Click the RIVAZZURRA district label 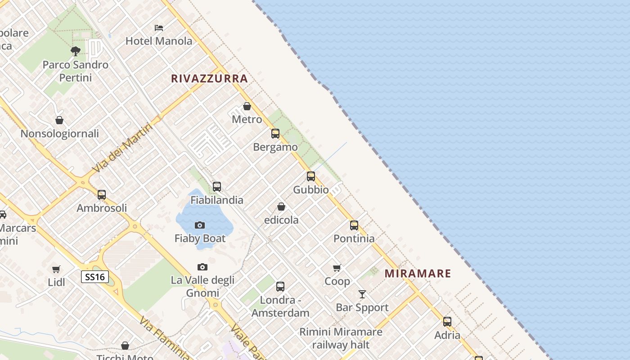(209, 79)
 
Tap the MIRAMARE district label (418, 274)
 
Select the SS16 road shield (95, 277)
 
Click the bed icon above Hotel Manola (159, 28)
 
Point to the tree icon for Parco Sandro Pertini (76, 51)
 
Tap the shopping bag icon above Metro (247, 107)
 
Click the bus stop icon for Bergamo (275, 134)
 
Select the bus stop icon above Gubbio (311, 176)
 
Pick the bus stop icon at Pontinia (354, 225)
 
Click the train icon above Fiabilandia (217, 187)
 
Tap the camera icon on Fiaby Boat (200, 225)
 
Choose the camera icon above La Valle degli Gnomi (202, 267)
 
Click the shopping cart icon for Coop (337, 268)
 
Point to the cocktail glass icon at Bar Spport (362, 294)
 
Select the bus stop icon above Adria (447, 322)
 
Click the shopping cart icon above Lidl (56, 270)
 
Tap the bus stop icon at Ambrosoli (102, 195)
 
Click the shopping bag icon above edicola (281, 207)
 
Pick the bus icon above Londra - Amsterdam (280, 286)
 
